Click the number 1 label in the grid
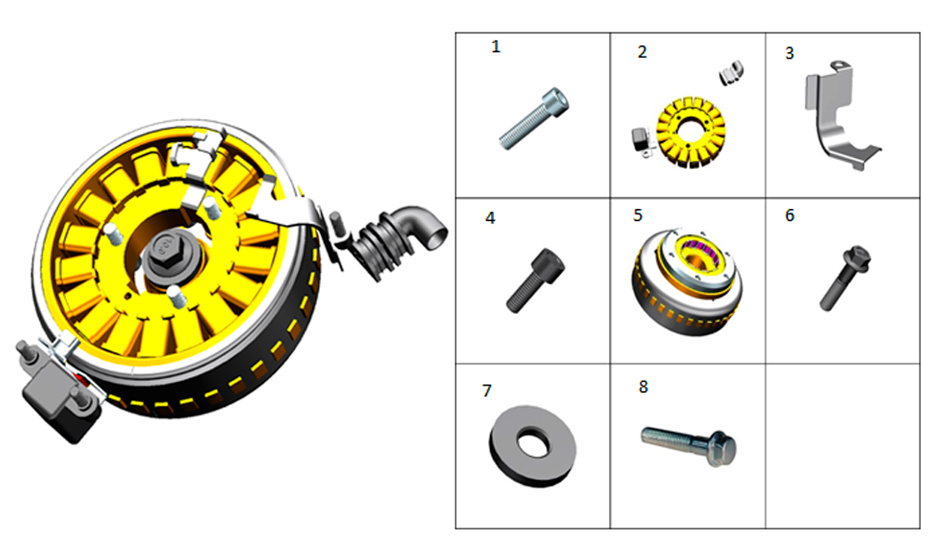(496, 46)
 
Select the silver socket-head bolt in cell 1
(533, 119)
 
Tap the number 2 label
(643, 52)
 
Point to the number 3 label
(790, 53)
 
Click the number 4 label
(490, 218)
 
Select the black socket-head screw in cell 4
(535, 281)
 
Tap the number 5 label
(638, 215)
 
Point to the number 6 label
(790, 215)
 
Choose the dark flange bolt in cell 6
(845, 278)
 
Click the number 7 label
(487, 391)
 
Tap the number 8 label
(644, 386)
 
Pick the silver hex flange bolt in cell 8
(689, 445)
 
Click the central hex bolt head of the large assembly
(165, 249)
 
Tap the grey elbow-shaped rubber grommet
(397, 240)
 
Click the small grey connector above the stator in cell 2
(732, 72)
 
